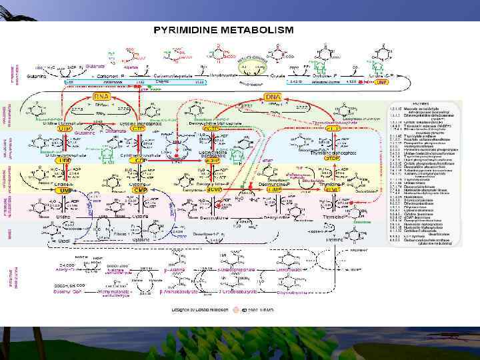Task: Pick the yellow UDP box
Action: point(65,161)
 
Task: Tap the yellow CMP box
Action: point(138,191)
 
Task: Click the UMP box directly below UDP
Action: point(65,191)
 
